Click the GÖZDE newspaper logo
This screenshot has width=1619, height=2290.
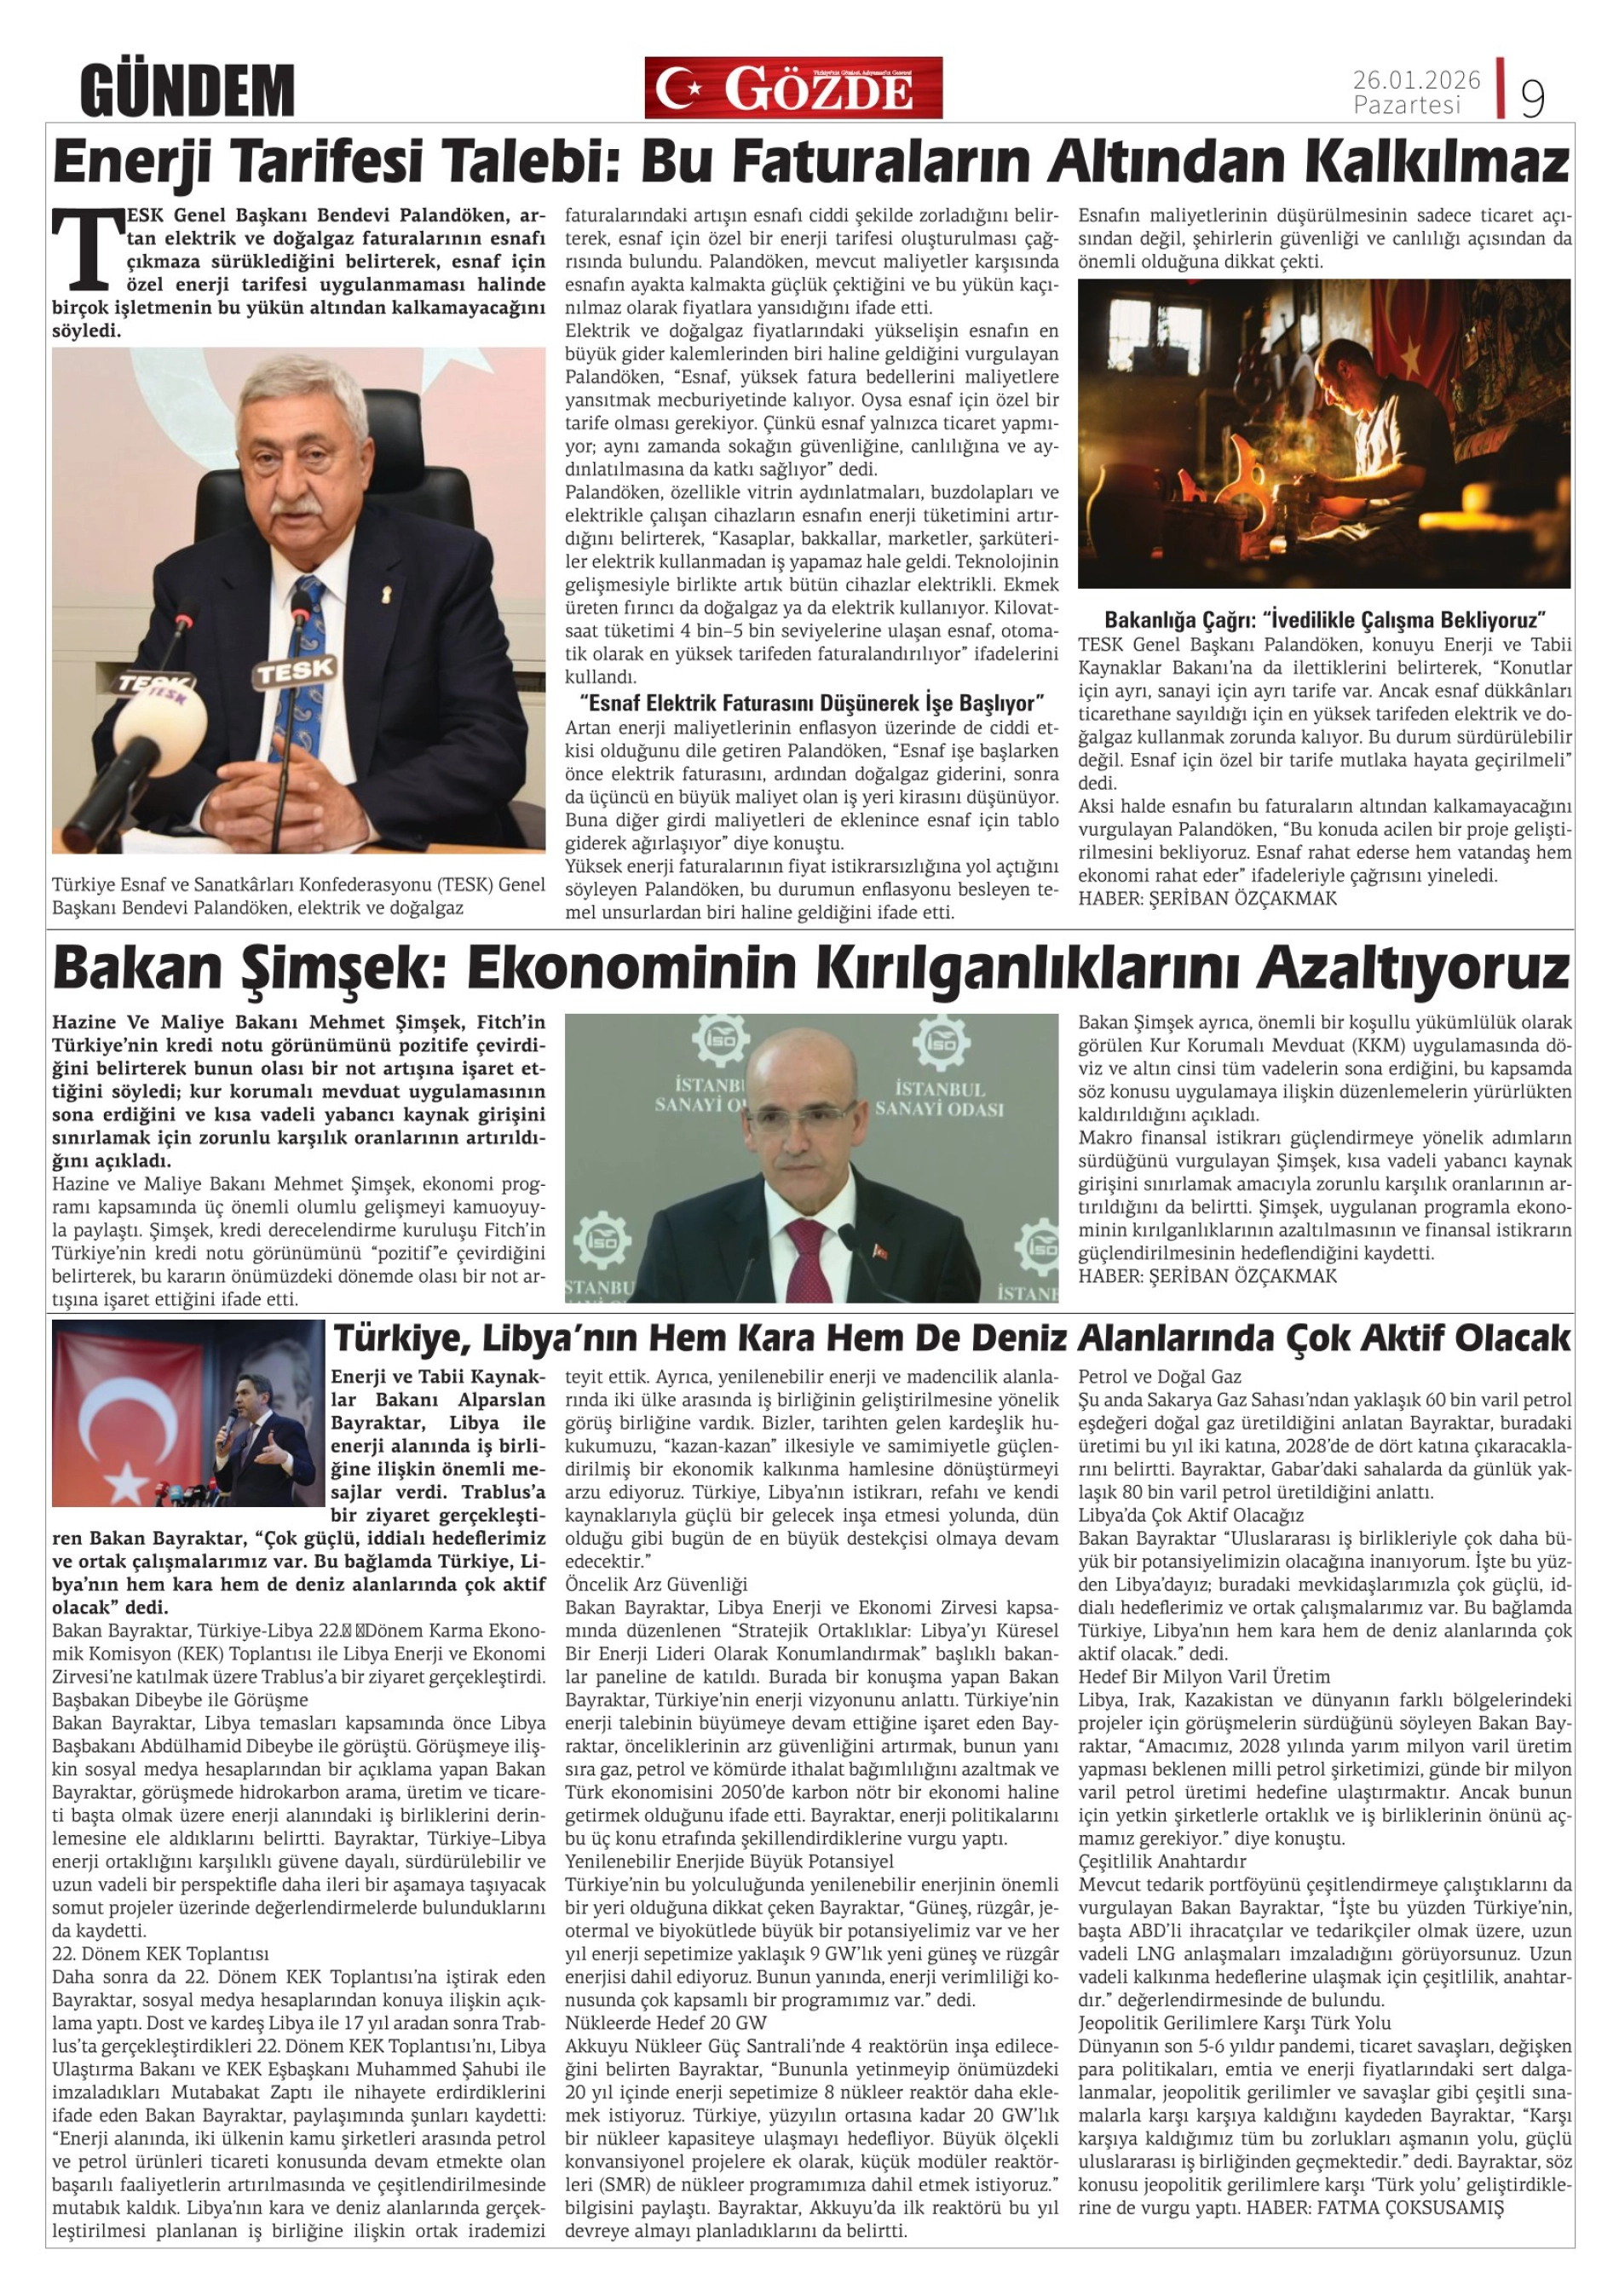tap(793, 89)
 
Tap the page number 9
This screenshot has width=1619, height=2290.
tap(1531, 97)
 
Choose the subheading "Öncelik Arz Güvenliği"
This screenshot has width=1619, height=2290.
tap(655, 1583)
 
